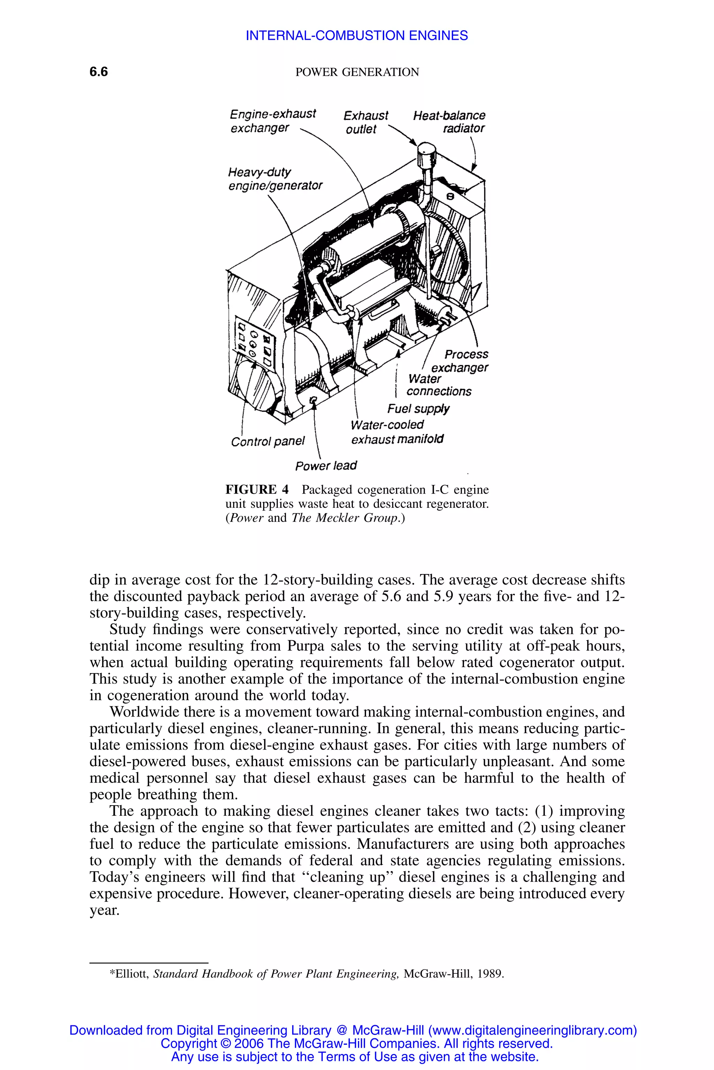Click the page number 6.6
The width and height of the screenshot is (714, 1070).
(98, 72)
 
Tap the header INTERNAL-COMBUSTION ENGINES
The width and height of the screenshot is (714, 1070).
(357, 36)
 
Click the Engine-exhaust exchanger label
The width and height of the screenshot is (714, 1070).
(272, 121)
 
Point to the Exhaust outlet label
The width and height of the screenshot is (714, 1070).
(366, 122)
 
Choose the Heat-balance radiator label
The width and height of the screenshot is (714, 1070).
(449, 122)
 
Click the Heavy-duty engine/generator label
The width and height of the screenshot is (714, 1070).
(275, 179)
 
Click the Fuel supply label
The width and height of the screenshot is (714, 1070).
(418, 409)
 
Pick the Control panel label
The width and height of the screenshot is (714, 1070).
(268, 442)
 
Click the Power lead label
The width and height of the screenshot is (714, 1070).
(326, 465)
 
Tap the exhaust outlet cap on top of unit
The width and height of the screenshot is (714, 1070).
(427, 154)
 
